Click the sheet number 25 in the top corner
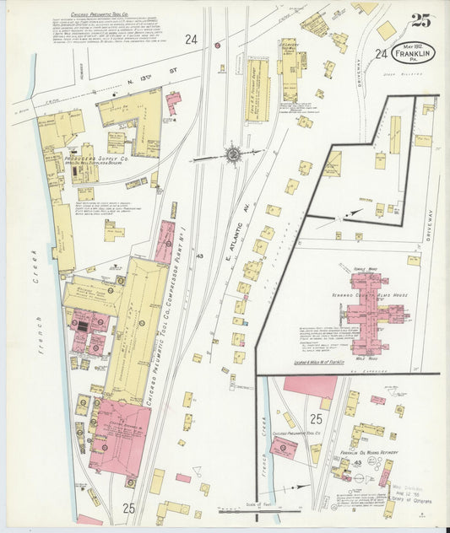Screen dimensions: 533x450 421,21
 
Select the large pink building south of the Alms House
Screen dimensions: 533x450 310,386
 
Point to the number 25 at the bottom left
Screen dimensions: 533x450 128,507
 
